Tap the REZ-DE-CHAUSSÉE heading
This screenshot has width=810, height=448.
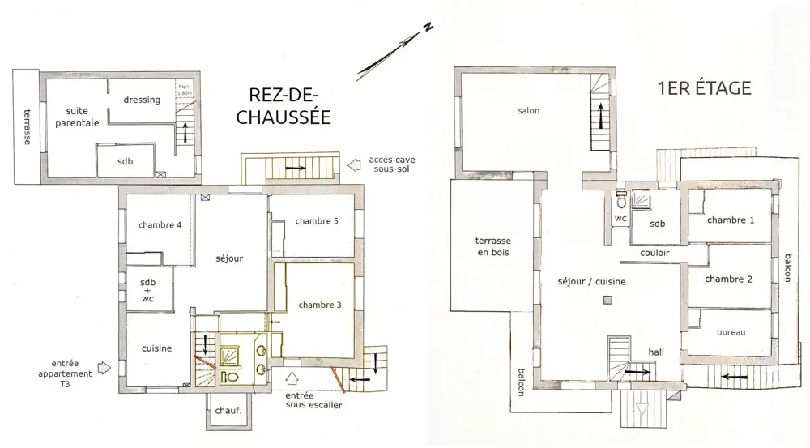[x=283, y=106]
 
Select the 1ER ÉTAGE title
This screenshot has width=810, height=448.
[x=704, y=87]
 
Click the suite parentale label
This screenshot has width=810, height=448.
[x=77, y=117]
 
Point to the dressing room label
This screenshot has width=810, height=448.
[x=142, y=100]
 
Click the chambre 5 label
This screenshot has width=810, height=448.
[x=317, y=221]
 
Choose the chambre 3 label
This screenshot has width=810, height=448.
[x=320, y=305]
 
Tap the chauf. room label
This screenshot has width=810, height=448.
[x=228, y=411]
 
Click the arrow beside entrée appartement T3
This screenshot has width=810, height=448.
[x=104, y=367]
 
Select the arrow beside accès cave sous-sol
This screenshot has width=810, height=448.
[x=354, y=165]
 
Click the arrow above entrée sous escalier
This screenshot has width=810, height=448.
[x=292, y=378]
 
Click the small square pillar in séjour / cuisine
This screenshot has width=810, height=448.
[x=608, y=300]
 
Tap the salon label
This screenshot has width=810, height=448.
[x=528, y=110]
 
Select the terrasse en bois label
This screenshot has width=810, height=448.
[x=492, y=246]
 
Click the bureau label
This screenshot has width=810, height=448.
[x=731, y=332]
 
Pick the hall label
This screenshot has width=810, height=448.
[x=656, y=352]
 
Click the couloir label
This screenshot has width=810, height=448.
[x=654, y=253]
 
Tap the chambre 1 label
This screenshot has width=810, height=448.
[x=731, y=220]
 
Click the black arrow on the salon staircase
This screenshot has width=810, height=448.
[x=601, y=116]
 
